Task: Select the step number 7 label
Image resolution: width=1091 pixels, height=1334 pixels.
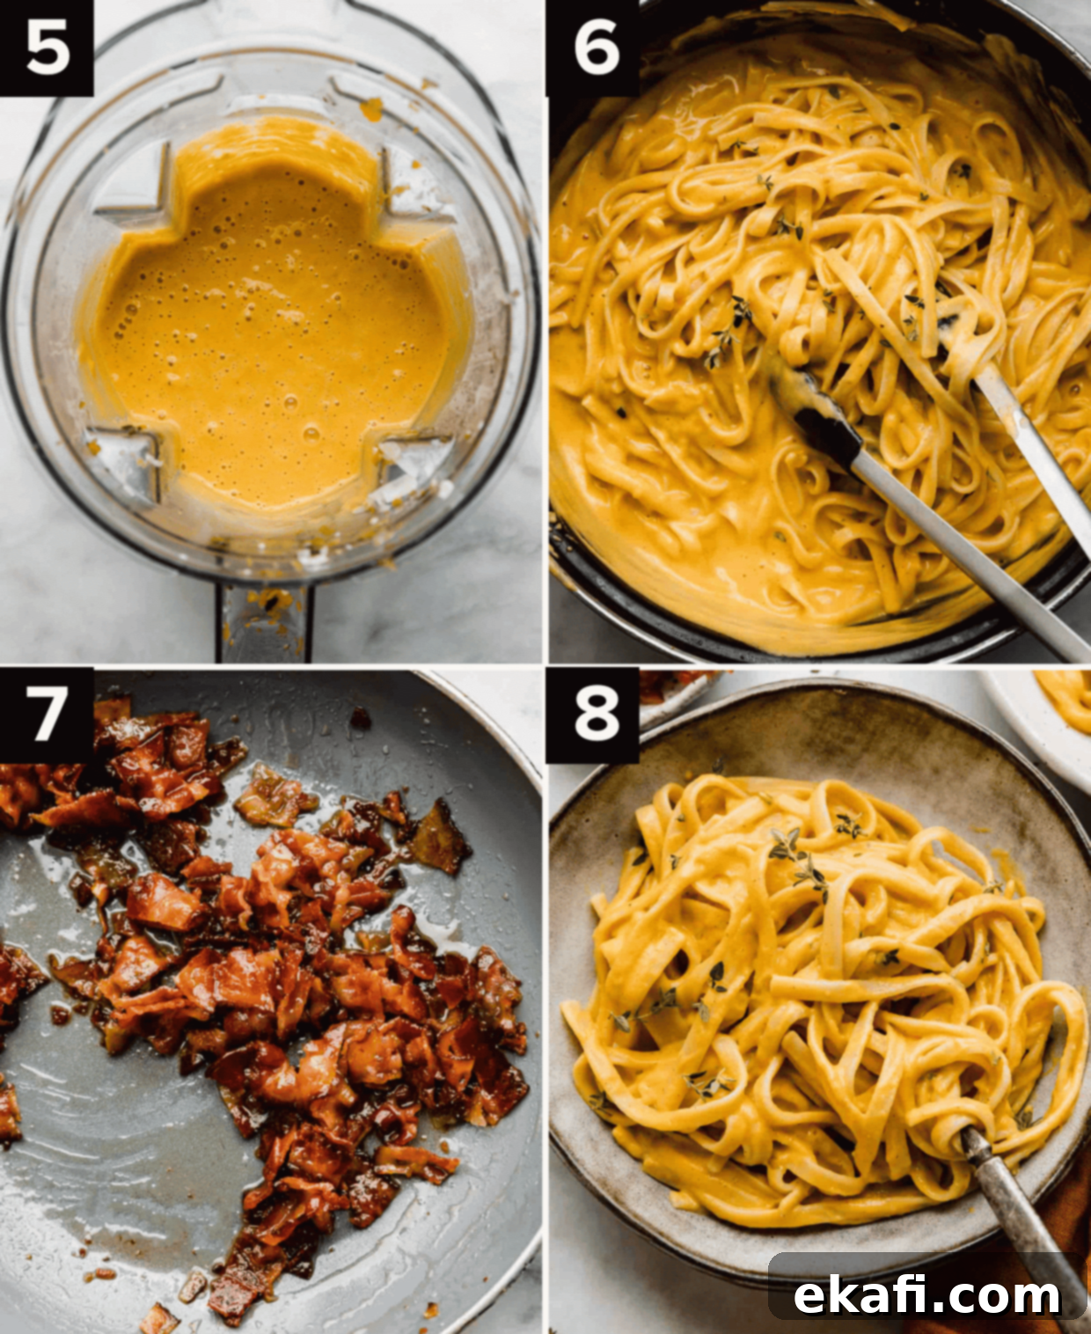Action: pos(46,715)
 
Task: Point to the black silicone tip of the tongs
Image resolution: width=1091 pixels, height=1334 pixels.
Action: pos(816,411)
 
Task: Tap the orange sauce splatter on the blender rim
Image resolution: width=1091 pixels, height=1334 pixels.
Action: pos(371,109)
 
